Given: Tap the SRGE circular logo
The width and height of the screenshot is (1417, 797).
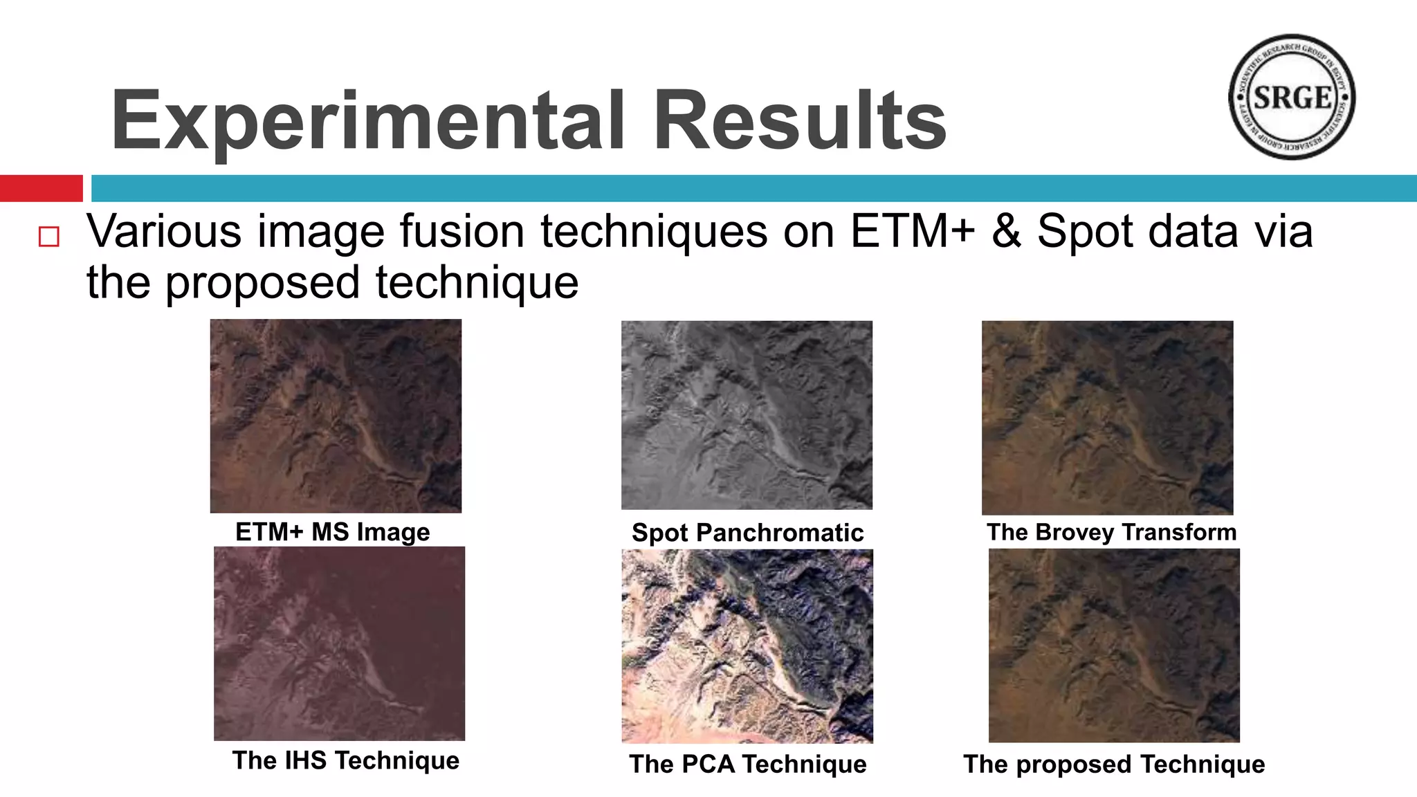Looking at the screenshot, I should (x=1291, y=97).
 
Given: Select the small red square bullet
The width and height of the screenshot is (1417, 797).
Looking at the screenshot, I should (x=49, y=237).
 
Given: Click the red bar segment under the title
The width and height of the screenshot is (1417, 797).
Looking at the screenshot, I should (x=41, y=188).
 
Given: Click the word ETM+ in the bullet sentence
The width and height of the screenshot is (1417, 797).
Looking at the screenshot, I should (x=912, y=231).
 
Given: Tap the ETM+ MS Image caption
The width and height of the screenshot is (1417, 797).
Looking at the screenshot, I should (x=333, y=532).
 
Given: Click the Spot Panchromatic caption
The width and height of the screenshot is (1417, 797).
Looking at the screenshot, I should (x=747, y=533).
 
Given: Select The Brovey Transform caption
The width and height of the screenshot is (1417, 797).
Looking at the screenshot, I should (x=1111, y=532).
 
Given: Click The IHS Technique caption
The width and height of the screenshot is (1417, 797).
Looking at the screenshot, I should (x=345, y=760).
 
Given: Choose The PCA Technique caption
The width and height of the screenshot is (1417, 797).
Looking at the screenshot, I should (x=747, y=764).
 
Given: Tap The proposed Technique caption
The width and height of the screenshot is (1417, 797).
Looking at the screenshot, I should (x=1114, y=764).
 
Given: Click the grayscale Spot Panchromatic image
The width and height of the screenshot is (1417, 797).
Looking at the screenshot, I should (x=747, y=415).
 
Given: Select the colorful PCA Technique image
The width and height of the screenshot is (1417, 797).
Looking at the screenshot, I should (x=747, y=646).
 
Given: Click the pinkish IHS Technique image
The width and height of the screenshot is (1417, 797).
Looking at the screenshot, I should (x=339, y=643).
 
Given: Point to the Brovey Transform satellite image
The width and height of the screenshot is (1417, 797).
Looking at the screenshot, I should (x=1107, y=417).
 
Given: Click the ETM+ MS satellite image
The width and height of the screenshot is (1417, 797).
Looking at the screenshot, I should (x=336, y=416).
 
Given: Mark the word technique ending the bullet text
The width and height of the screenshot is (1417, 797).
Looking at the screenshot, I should (x=477, y=283).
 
